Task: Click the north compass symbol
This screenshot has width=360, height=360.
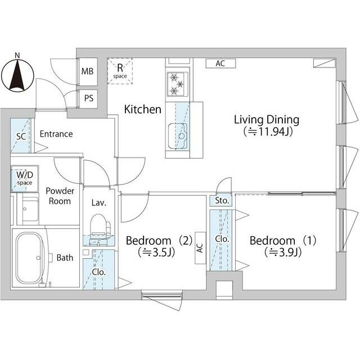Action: click(x=17, y=75)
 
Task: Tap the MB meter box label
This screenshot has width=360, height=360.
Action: click(x=88, y=71)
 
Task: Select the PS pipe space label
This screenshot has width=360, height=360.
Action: click(x=89, y=98)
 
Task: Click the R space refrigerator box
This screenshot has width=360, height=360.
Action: click(x=120, y=71)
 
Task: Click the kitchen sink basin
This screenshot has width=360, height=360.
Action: click(x=178, y=136)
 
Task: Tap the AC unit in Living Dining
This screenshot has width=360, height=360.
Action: click(x=220, y=64)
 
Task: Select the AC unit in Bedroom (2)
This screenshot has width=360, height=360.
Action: click(x=200, y=248)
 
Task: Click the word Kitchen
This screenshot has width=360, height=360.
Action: click(x=142, y=109)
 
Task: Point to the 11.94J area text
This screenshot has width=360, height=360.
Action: click(x=268, y=132)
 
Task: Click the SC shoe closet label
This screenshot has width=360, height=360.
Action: click(x=21, y=137)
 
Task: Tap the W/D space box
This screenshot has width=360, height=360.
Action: click(x=25, y=179)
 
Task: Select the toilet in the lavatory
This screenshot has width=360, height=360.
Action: click(x=100, y=226)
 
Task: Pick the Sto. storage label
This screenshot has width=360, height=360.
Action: click(x=222, y=201)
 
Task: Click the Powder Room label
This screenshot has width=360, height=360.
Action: click(x=60, y=196)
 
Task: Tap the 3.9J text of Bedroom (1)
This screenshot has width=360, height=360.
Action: click(x=283, y=253)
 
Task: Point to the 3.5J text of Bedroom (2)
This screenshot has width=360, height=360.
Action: click(x=156, y=253)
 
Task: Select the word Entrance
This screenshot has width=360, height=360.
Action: click(x=56, y=134)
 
